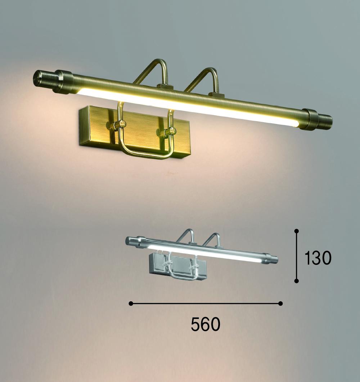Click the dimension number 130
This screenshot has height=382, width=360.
coord(318,258)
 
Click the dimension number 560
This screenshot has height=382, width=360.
coord(206,324)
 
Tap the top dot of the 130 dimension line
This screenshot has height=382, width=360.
coord(297,231)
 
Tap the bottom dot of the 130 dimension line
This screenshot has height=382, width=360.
coord(297,281)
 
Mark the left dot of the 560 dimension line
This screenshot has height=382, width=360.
coord(131,303)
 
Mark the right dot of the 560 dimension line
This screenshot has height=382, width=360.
coord(280,303)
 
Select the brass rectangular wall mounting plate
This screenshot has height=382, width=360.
coord(135,132)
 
